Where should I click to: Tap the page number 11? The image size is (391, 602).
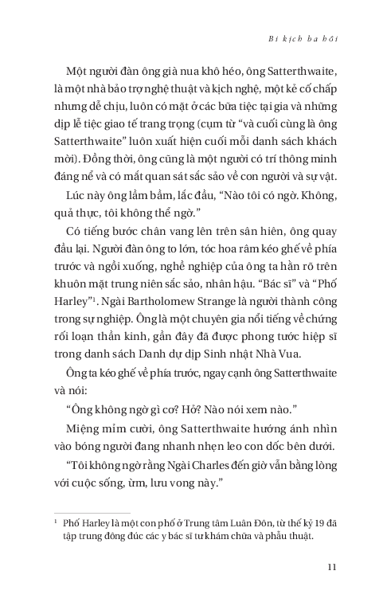pos(334,566)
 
